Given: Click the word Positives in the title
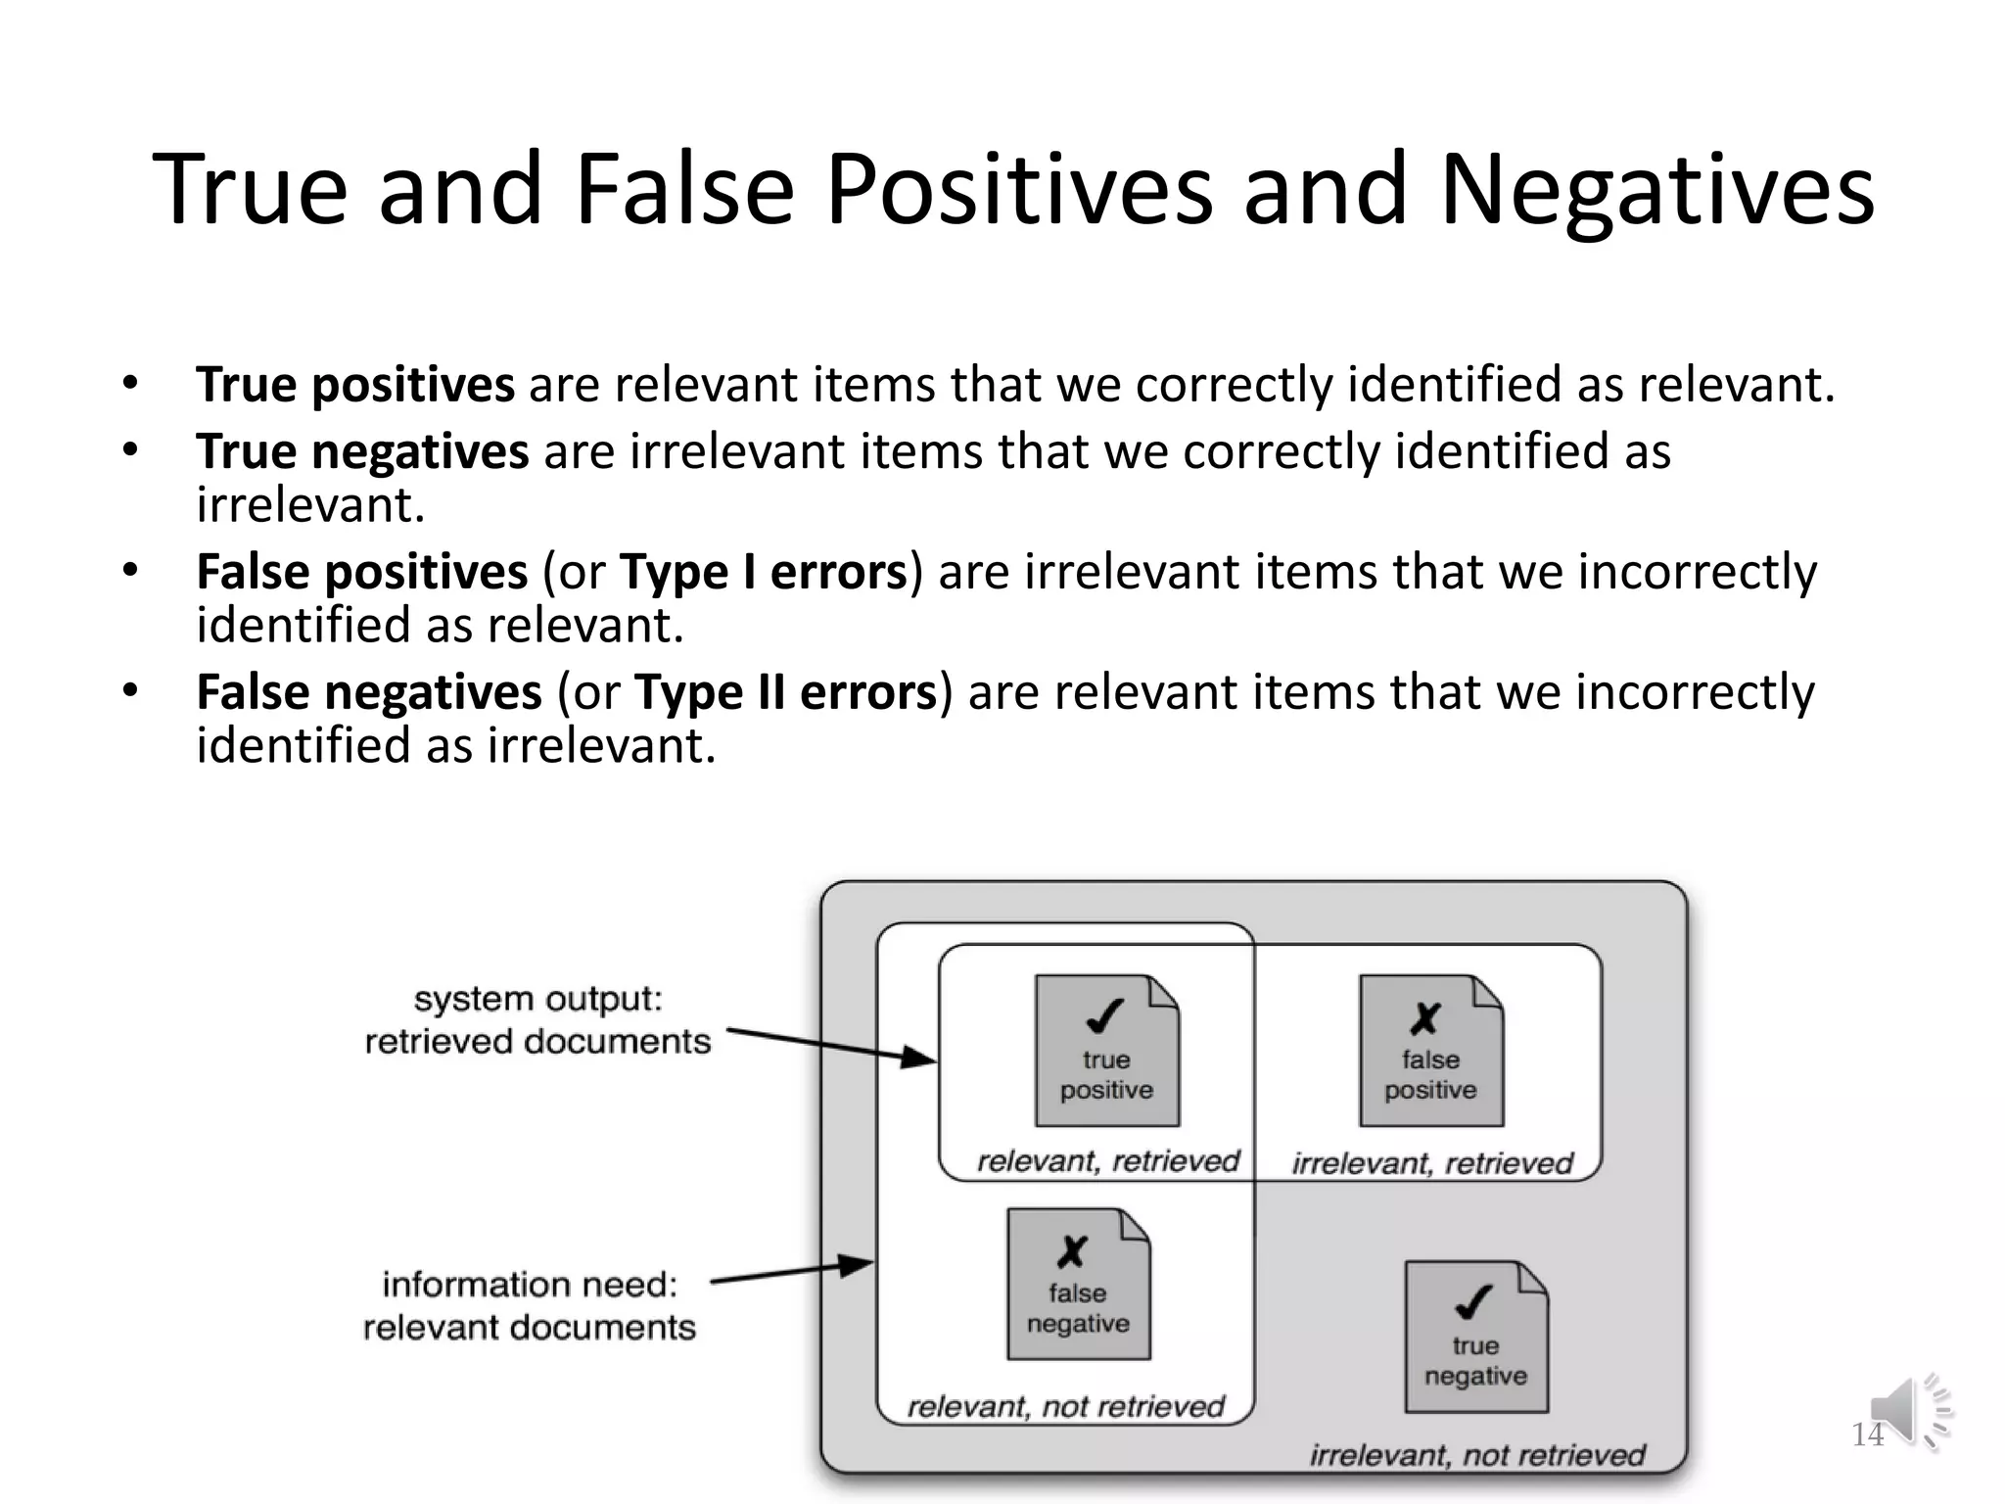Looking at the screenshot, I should click(1018, 190).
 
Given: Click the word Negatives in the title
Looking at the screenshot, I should click(1656, 190).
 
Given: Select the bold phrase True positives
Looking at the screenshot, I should click(354, 385).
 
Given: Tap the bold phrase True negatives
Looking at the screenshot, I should click(362, 452).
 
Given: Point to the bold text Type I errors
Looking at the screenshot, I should click(764, 573).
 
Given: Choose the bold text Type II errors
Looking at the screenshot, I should click(786, 693).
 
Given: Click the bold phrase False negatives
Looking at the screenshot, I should click(369, 693).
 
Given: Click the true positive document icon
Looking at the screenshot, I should click(1107, 1051).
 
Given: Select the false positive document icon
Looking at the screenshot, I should click(1430, 1051).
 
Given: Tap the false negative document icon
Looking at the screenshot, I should click(1078, 1284).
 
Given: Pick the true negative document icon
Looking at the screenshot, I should click(1476, 1337).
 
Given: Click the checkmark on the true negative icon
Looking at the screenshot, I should click(1473, 1302).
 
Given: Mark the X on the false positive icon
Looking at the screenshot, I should click(1425, 1018).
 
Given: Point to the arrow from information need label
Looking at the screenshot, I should click(791, 1273).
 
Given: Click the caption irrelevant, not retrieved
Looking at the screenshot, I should click(1477, 1455).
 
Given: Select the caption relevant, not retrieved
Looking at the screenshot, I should click(1065, 1407).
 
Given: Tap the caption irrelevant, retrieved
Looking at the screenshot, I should click(1431, 1163).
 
